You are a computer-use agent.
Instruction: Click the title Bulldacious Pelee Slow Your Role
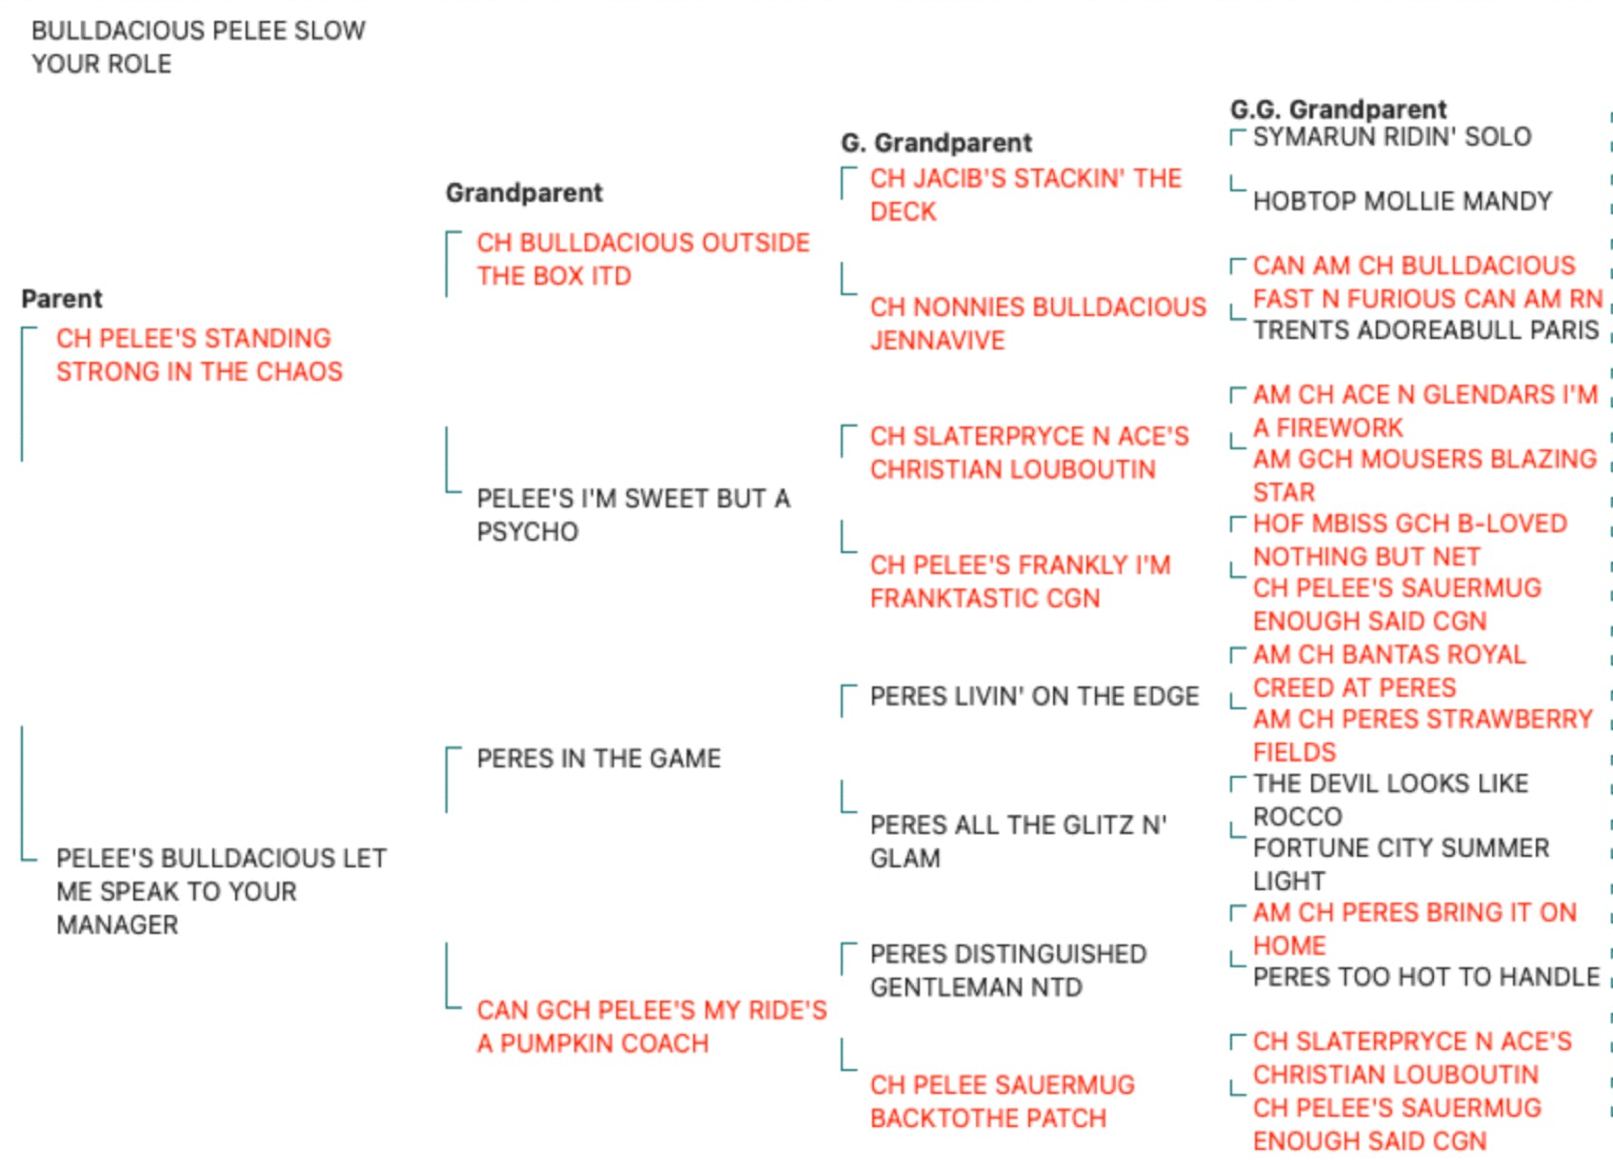tap(199, 48)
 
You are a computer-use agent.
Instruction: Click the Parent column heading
tap(62, 299)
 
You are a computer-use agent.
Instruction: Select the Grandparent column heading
tap(525, 193)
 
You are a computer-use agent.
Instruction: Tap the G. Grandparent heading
tap(937, 143)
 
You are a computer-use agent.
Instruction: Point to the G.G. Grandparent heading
tap(1338, 109)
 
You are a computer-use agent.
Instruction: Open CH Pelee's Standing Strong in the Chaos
tap(199, 355)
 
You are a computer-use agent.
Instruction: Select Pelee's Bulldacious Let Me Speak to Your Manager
tap(221, 891)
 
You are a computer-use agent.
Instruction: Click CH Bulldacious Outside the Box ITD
tap(643, 259)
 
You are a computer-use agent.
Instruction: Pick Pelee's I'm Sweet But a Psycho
tap(633, 515)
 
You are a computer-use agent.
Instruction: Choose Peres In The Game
tap(598, 759)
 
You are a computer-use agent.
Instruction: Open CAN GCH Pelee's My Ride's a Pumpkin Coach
tap(651, 1027)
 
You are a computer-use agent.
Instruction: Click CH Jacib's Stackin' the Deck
tap(1026, 194)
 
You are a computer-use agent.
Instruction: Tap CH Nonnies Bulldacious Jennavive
tap(1038, 324)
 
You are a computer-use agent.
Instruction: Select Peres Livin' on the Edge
tap(1035, 696)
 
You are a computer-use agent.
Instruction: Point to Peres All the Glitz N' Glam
tap(1018, 842)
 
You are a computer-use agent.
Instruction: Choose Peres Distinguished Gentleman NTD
tap(1008, 971)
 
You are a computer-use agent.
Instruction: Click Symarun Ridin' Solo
tap(1392, 137)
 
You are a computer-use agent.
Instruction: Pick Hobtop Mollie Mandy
tap(1402, 201)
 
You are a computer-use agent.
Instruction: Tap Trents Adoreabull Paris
tap(1425, 329)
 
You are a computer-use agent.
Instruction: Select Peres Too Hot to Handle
tap(1425, 977)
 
